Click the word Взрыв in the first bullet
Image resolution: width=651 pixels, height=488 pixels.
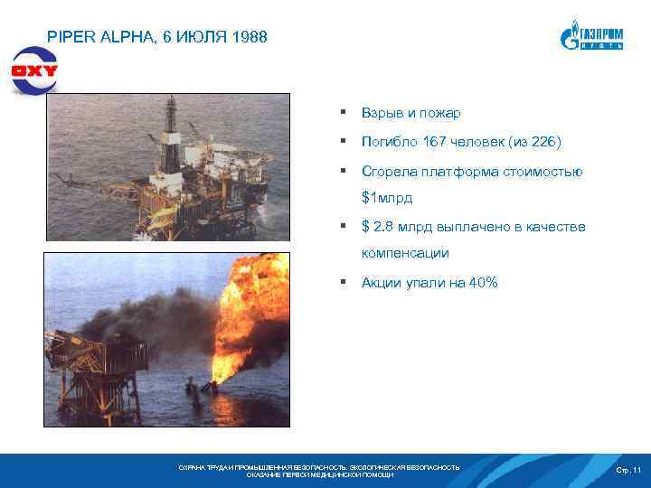tap(382, 113)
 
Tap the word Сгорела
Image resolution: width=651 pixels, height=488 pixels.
tap(390, 171)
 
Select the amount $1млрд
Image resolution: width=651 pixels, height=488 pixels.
tap(387, 197)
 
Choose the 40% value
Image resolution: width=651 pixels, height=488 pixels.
tap(479, 283)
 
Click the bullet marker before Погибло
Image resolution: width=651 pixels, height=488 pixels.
tap(344, 142)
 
